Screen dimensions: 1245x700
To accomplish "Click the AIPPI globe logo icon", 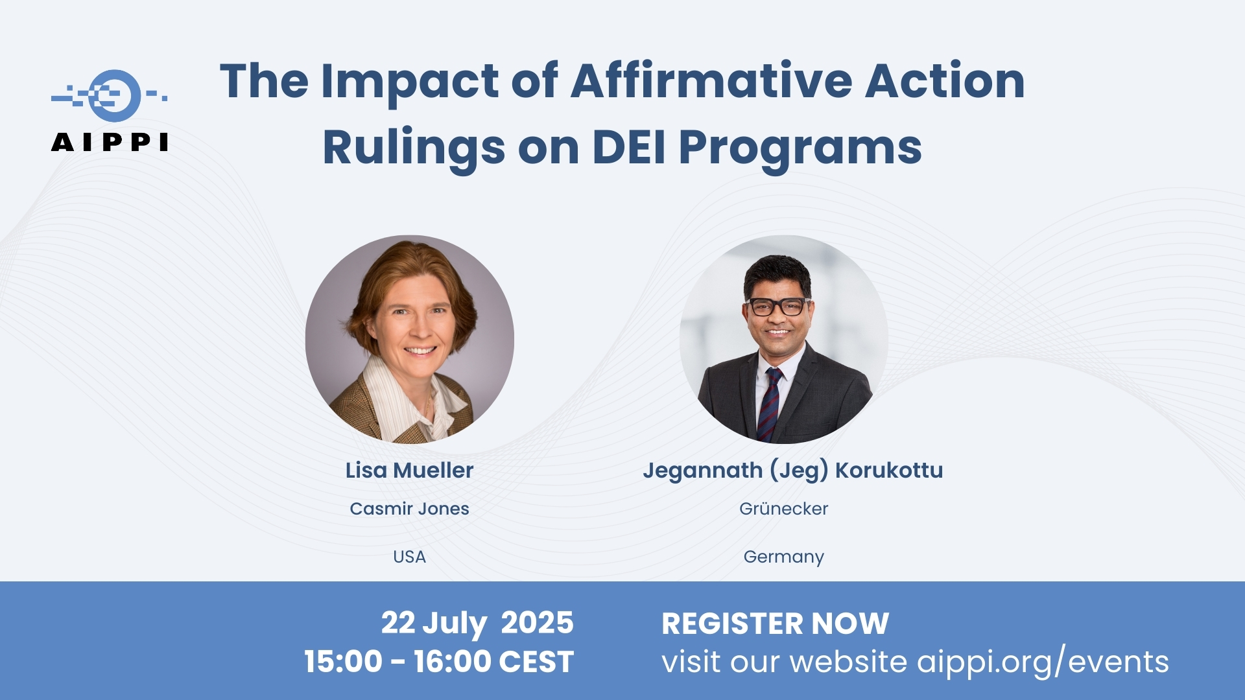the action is tap(110, 96).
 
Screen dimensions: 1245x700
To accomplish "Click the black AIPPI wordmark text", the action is tap(110, 142).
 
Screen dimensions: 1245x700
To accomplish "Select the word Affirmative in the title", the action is tap(711, 81).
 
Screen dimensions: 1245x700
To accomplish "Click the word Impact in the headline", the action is tap(410, 84).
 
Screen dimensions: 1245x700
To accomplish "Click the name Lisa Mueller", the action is tap(409, 470).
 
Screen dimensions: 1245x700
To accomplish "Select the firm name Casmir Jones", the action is tap(409, 509).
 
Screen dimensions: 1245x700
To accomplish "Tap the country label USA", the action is tap(409, 557).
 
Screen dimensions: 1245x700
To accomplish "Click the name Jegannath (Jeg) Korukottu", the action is tap(792, 471).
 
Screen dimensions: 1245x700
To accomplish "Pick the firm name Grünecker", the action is tap(783, 509).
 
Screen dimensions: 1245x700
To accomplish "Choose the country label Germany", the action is tap(783, 557).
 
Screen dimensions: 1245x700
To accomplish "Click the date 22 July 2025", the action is tap(477, 624).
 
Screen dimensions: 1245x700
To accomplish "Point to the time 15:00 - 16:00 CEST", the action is tap(439, 662).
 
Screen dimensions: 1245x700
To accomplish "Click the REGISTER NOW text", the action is tap(775, 624).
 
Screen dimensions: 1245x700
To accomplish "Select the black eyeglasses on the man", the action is tap(777, 306).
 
